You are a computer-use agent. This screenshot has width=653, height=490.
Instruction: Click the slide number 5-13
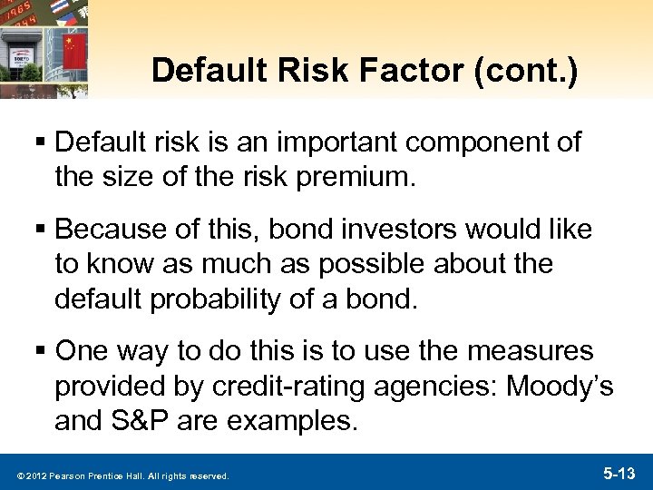click(620, 473)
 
